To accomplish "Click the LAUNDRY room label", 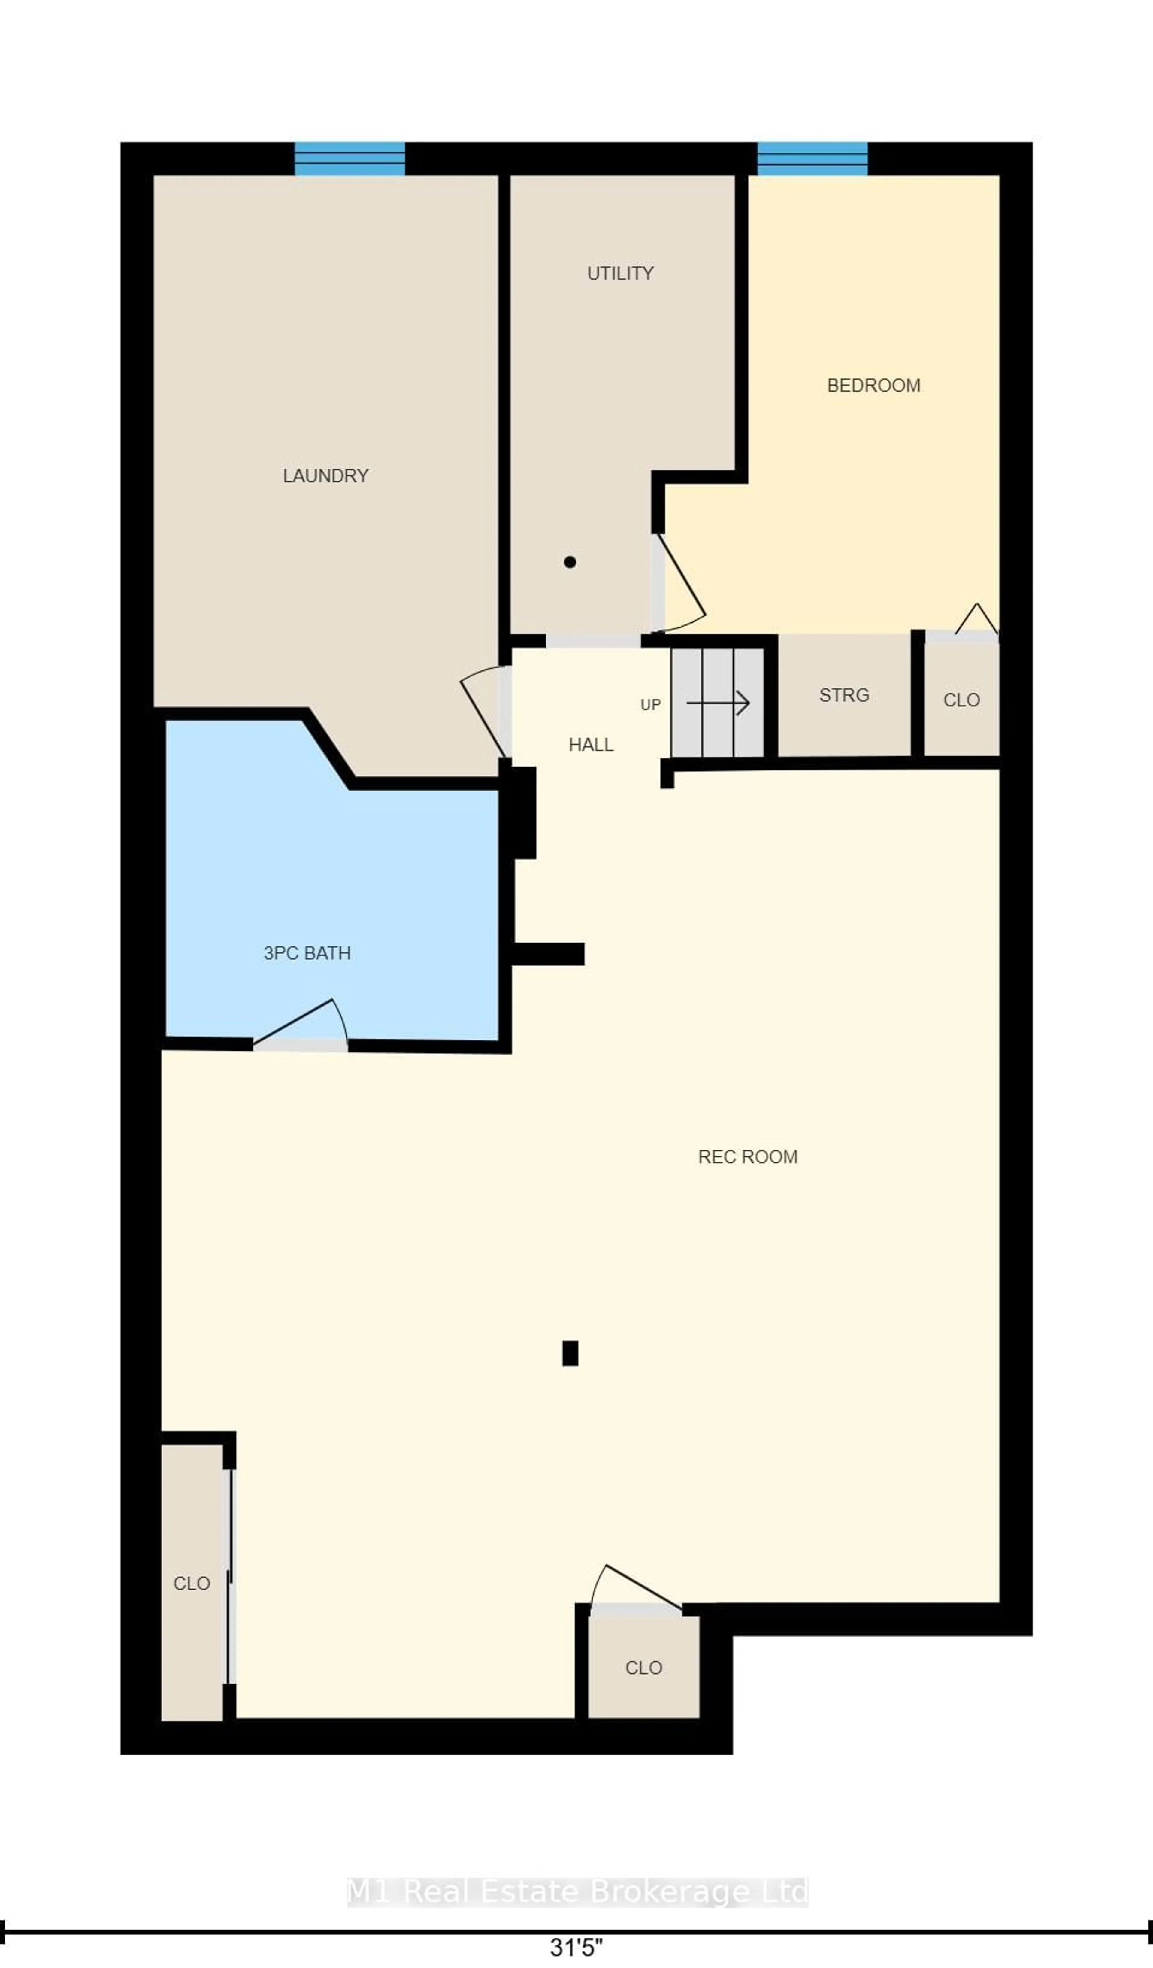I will pos(325,475).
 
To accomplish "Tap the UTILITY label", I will pos(621,273).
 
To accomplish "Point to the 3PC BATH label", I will pos(307,953).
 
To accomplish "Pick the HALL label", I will pos(591,745).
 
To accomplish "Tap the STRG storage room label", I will pos(844,695).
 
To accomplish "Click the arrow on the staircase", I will pos(718,703).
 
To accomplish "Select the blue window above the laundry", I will pos(350,159).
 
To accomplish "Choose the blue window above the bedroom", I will pos(813,159).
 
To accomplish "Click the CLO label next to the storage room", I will pos(961,700).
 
